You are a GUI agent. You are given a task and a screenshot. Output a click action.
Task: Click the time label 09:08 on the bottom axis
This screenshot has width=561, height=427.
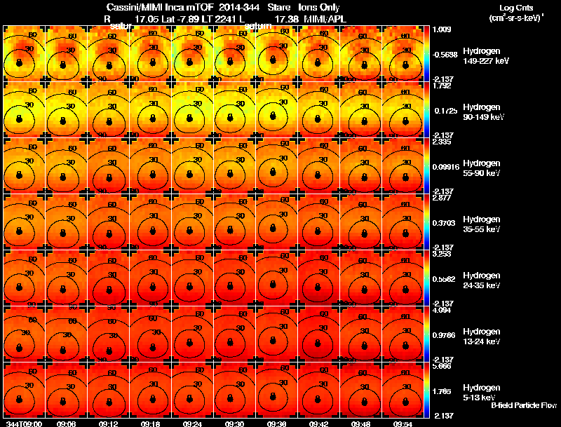click(x=67, y=423)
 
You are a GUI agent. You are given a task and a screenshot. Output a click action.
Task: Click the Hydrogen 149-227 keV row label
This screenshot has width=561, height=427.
click(x=486, y=56)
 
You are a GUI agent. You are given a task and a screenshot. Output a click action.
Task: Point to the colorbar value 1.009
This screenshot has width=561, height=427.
click(x=443, y=29)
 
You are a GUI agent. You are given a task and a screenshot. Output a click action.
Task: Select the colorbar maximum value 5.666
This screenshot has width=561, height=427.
click(x=443, y=366)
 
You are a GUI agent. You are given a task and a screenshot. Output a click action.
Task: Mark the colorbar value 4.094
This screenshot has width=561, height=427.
click(x=443, y=310)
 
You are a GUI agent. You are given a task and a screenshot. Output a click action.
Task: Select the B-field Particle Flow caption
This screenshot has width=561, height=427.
click(x=523, y=405)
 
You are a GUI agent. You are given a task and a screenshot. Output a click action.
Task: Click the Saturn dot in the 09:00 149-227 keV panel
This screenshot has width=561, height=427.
click(x=20, y=62)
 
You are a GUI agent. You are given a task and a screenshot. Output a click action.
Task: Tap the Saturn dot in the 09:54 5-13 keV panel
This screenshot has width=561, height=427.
click(x=403, y=399)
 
